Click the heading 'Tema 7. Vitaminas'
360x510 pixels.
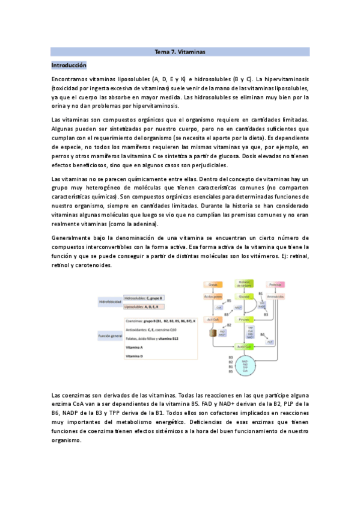[x=180, y=52]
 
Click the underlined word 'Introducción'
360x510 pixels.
[x=69, y=65]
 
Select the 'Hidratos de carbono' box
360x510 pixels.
[x=244, y=284]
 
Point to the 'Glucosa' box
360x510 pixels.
[x=244, y=296]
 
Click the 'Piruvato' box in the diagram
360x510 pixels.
[x=244, y=321]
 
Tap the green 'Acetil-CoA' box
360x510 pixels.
[x=244, y=347]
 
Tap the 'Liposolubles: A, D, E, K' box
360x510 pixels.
[x=143, y=306]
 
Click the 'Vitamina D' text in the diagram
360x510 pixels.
[x=134, y=356]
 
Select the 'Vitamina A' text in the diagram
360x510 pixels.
[x=134, y=348]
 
